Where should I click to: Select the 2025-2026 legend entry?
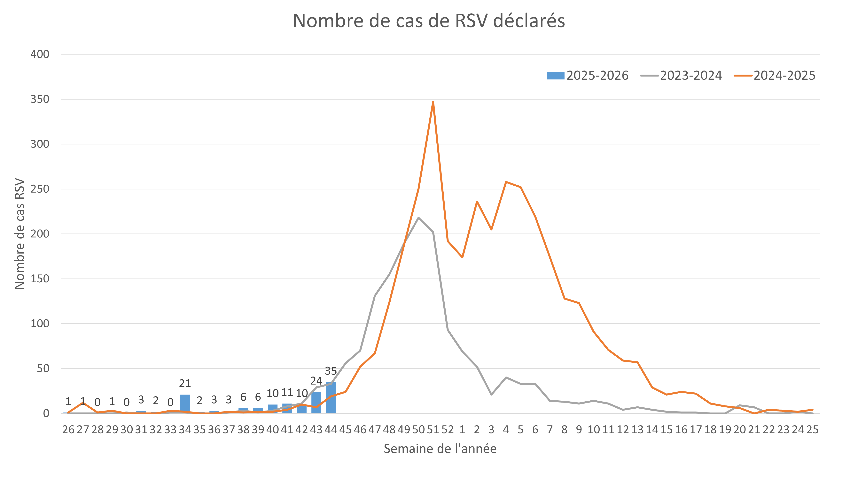pos(588,76)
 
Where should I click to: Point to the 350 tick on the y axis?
pos(40,99)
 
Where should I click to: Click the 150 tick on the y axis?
pos(40,279)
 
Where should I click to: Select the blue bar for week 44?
pos(331,398)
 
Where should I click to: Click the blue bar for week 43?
pos(316,403)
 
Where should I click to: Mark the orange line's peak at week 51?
pos(433,102)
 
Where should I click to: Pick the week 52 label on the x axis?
pos(448,429)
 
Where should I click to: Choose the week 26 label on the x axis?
pos(68,429)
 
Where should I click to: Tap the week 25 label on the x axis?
pos(812,429)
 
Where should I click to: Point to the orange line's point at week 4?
pos(506,182)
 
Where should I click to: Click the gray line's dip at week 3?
pos(491,395)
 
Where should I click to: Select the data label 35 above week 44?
pos(331,371)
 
